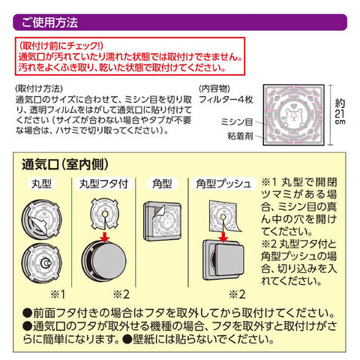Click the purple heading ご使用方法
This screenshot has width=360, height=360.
[x=49, y=22]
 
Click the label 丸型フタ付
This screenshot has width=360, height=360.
[x=103, y=184]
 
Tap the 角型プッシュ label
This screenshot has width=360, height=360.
[x=223, y=184]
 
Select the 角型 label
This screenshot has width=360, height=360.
[x=162, y=184]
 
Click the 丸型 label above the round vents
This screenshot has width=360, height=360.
[x=41, y=184]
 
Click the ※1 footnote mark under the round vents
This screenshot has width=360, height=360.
[x=58, y=294]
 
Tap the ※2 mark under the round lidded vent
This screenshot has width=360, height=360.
[x=121, y=294]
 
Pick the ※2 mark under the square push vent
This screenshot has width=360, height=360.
[x=237, y=294]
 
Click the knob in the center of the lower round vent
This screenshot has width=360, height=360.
[x=46, y=263]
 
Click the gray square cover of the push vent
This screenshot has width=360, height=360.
[x=229, y=260]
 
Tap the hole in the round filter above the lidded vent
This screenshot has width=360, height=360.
[x=105, y=214]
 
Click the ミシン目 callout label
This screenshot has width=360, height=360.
[x=237, y=122]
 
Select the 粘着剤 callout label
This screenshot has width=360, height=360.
[x=240, y=136]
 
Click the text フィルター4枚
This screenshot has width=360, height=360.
[x=226, y=100]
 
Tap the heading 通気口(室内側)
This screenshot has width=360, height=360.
[x=65, y=164]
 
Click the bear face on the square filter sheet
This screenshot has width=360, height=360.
[x=293, y=115]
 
